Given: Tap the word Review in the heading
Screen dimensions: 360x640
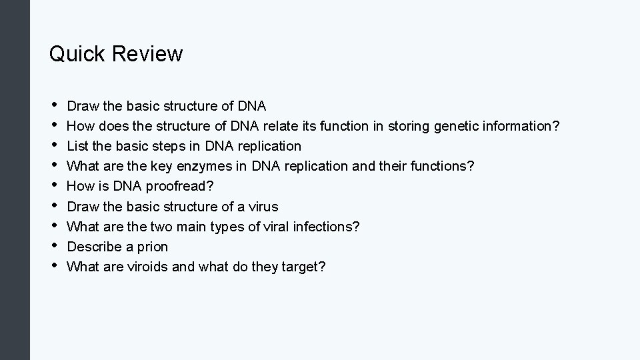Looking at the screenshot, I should click(x=147, y=53).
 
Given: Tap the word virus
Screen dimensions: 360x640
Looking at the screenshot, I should click(x=263, y=206).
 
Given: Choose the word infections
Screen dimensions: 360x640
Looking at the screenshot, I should click(x=326, y=227).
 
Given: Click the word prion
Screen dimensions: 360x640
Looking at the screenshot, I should click(x=152, y=247).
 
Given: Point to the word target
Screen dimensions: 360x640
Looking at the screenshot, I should click(x=303, y=267).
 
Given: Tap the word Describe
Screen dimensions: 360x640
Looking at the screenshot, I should click(x=94, y=247).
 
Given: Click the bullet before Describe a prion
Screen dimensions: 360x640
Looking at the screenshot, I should click(x=53, y=246).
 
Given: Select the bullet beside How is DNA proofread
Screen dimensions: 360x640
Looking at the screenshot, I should click(x=53, y=185).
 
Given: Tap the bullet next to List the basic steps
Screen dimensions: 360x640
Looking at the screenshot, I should click(x=53, y=145).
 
